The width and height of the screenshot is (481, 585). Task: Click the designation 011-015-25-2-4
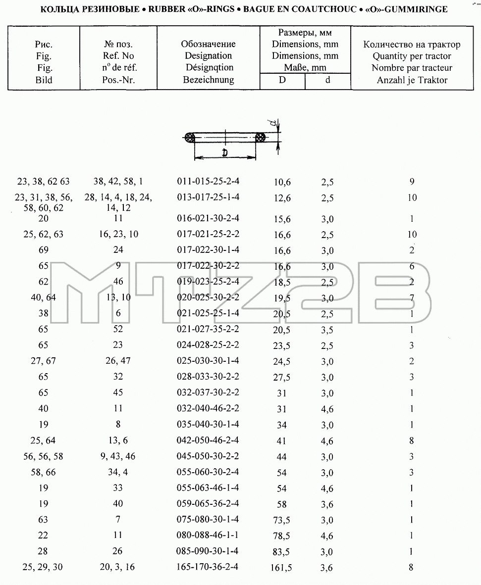[x=208, y=181]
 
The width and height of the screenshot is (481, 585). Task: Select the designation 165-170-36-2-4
[x=207, y=567]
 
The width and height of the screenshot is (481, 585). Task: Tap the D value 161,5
[x=281, y=568]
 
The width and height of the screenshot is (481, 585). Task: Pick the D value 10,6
[x=282, y=182]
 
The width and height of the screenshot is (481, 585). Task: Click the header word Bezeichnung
[x=209, y=80]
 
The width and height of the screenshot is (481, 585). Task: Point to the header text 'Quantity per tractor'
[x=412, y=56]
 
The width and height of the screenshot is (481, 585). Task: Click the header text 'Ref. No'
[x=118, y=56]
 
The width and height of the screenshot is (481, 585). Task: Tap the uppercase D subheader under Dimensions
[x=282, y=80]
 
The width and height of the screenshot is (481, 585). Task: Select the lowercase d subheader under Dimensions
[x=327, y=80]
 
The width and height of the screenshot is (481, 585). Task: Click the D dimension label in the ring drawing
[x=225, y=152]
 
